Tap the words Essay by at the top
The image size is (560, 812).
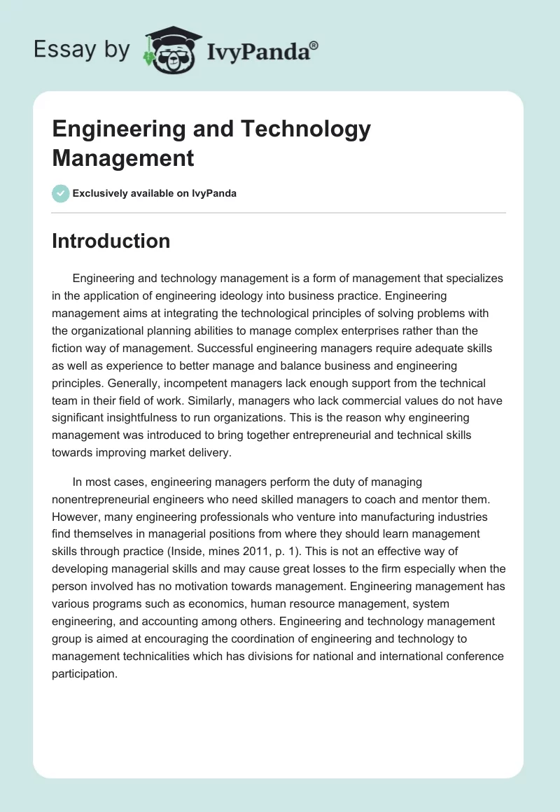(81, 49)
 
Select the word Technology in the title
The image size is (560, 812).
(305, 129)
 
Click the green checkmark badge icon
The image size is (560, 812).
(61, 193)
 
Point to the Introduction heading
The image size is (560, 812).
(111, 241)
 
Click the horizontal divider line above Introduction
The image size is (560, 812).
(279, 212)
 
